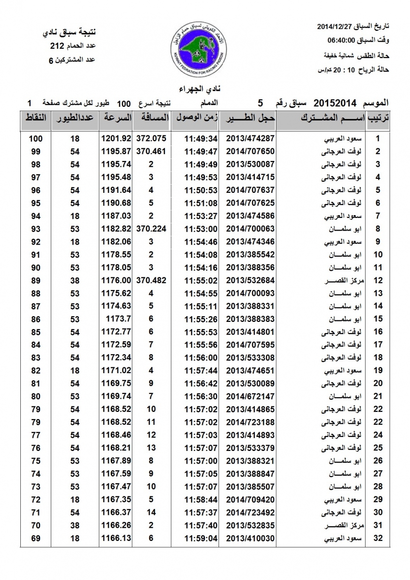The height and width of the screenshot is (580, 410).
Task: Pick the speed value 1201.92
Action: (116, 138)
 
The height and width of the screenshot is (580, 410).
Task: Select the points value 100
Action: (35, 138)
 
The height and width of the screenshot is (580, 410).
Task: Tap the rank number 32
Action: (378, 537)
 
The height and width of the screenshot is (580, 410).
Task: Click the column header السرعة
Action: (117, 117)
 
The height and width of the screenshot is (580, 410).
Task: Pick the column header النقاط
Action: (35, 117)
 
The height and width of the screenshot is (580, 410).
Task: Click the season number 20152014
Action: (335, 102)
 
